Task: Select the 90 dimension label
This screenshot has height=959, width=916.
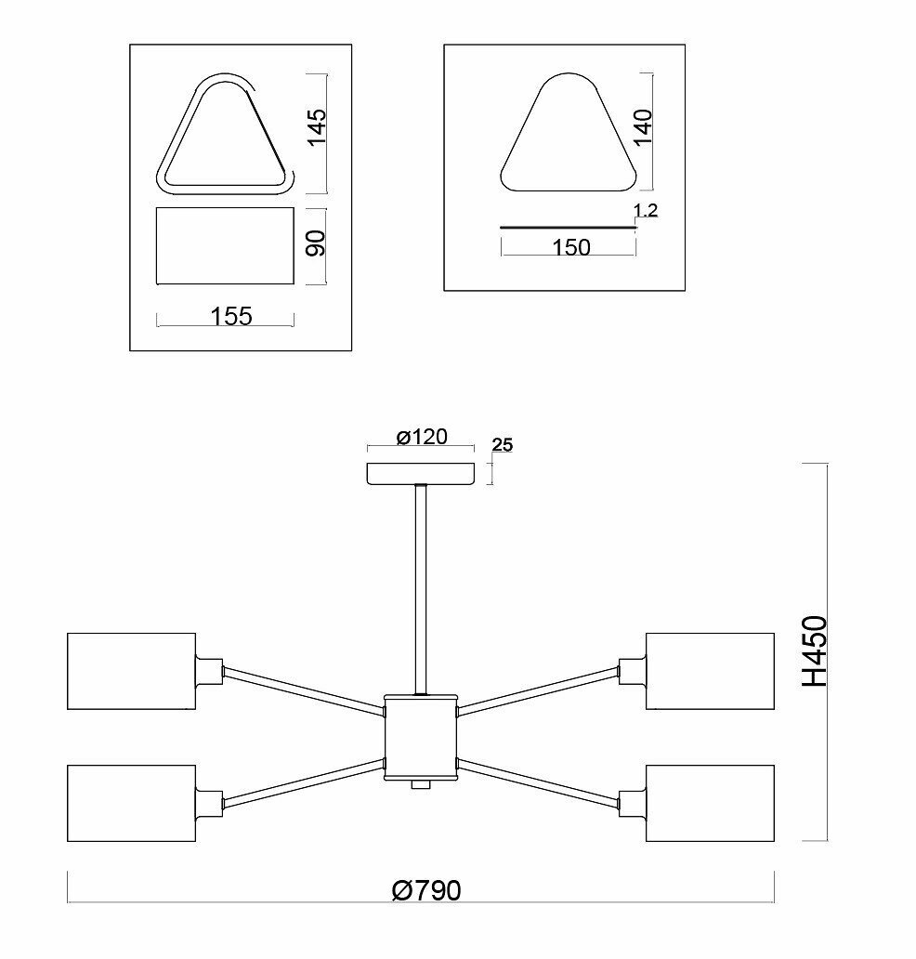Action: click(317, 245)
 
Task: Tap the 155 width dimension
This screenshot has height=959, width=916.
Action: click(231, 316)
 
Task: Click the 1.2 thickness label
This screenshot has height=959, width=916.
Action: click(646, 211)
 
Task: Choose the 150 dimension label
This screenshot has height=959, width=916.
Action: click(570, 247)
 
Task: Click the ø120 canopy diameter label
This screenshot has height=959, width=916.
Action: click(422, 437)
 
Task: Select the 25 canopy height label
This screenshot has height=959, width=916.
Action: click(502, 445)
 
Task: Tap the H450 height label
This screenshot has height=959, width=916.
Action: click(814, 650)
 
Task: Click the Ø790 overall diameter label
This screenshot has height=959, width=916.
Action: click(426, 890)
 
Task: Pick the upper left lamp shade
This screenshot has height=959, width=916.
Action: click(131, 672)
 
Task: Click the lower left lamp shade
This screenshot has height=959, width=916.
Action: click(131, 803)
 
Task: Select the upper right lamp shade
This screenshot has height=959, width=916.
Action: click(710, 672)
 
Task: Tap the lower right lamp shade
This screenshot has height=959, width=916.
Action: click(710, 803)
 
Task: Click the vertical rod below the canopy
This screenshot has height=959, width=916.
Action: click(421, 585)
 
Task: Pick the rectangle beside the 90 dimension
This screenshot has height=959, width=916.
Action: click(225, 246)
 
